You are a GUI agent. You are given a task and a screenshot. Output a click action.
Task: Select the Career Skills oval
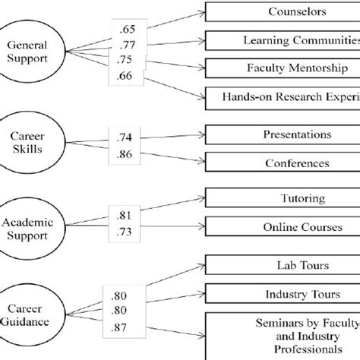[34, 141]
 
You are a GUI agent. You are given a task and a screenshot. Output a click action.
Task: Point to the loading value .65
[126, 29]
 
